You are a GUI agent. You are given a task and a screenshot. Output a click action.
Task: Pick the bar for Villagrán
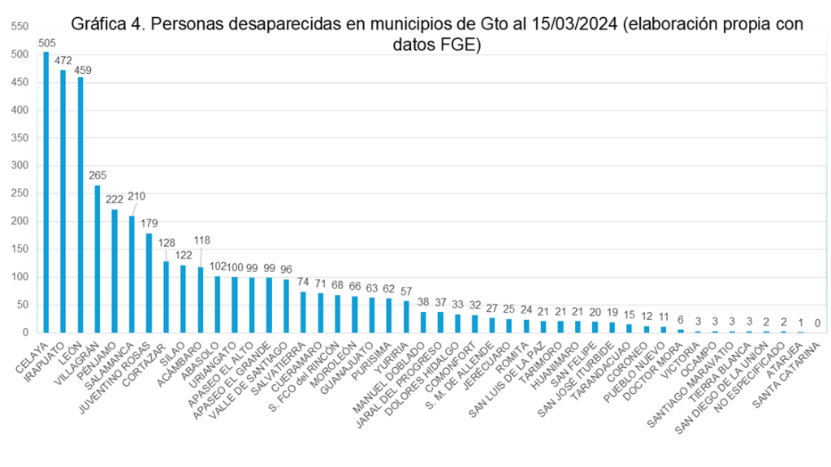pyautogui.click(x=97, y=259)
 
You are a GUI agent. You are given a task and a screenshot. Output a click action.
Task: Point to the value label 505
pyautogui.click(x=47, y=44)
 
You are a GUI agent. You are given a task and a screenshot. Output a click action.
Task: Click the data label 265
pyautogui.click(x=97, y=175)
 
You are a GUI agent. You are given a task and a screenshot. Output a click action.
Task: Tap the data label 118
pyautogui.click(x=201, y=240)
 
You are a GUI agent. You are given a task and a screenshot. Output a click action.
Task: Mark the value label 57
pyautogui.click(x=406, y=291)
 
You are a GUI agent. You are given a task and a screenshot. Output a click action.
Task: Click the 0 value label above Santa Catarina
pyautogui.click(x=817, y=323)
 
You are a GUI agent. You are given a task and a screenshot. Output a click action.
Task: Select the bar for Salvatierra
pyautogui.click(x=303, y=312)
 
